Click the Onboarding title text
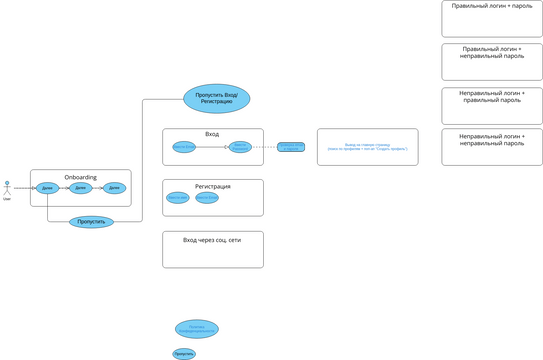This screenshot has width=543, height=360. (x=81, y=177)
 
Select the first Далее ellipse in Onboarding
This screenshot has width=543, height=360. (x=47, y=188)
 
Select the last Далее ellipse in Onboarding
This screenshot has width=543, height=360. (x=114, y=188)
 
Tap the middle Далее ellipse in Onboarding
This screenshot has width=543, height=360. (x=81, y=188)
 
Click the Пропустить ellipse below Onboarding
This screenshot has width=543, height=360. (x=91, y=222)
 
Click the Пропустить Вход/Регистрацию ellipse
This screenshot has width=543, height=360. (x=216, y=98)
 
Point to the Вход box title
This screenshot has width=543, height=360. (x=212, y=134)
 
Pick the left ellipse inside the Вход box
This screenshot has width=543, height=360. (x=184, y=147)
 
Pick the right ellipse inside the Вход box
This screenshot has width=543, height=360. (x=240, y=147)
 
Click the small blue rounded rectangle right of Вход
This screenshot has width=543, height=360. (x=291, y=147)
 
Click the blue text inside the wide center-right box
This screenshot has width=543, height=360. (x=368, y=147)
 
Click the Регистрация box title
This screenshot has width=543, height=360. (x=212, y=186)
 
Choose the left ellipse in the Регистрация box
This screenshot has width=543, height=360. (x=178, y=198)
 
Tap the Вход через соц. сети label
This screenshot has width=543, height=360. (x=212, y=240)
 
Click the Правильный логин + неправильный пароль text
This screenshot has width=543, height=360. (x=492, y=52)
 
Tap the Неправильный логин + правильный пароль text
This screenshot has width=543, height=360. (x=492, y=96)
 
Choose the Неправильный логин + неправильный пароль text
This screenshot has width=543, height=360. (x=492, y=139)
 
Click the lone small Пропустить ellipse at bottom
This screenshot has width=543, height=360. (x=184, y=353)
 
